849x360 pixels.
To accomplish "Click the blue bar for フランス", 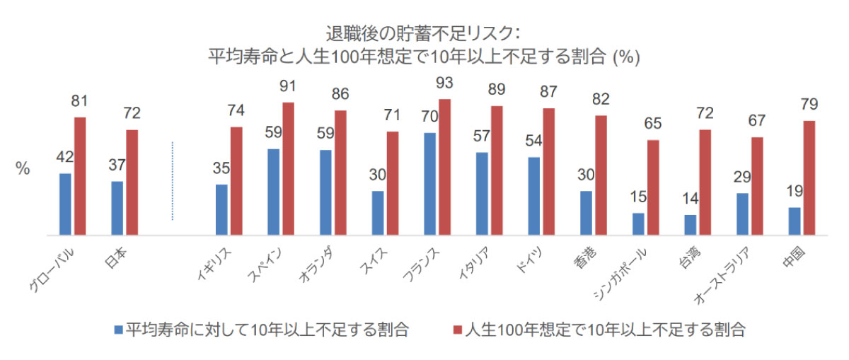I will [x=429, y=183].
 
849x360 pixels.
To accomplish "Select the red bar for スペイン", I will [x=289, y=168].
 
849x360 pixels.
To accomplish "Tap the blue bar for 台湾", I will [x=690, y=224].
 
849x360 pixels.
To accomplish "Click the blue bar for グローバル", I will [x=65, y=204].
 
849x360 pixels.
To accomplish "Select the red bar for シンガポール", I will [x=653, y=187].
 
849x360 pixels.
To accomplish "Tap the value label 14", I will [x=690, y=199].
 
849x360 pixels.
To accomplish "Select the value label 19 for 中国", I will [x=794, y=192].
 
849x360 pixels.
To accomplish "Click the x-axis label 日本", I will [x=113, y=260].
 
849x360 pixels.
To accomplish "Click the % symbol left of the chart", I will [x=23, y=170].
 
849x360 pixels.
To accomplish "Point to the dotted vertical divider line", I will [x=173, y=180].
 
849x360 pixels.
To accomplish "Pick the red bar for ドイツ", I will [x=549, y=171].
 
